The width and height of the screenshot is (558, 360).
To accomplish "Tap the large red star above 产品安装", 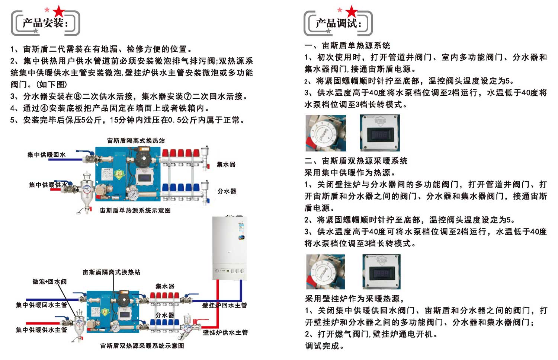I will pyautogui.click(x=59, y=12).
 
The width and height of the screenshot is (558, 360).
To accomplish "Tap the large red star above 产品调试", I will pyautogui.click(x=351, y=12).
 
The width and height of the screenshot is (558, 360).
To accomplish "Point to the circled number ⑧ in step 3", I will pyautogui.click(x=78, y=96).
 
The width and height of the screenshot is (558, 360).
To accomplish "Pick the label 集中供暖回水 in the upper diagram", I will pyautogui.click(x=46, y=154).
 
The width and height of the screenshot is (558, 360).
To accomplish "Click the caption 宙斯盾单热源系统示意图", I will pyautogui.click(x=135, y=211).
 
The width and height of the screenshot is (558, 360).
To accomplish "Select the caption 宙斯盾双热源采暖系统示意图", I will pyautogui.click(x=142, y=346).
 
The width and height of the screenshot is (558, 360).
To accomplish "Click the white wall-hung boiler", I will pyautogui.click(x=229, y=248).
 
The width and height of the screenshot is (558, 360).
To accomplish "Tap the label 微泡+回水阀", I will pyautogui.click(x=49, y=282).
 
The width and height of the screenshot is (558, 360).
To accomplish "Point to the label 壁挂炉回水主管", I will pyautogui.click(x=225, y=305).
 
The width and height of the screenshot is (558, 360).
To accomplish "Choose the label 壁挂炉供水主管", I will pyautogui.click(x=225, y=332).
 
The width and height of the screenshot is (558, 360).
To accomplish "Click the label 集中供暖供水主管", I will pyautogui.click(x=41, y=330).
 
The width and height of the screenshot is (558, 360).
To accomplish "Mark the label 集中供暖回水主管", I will pyautogui.click(x=41, y=305).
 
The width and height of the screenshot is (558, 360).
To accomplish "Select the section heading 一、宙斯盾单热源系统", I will pyautogui.click(x=347, y=45).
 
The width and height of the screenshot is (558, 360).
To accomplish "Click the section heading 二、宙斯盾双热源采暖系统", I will pyautogui.click(x=356, y=161).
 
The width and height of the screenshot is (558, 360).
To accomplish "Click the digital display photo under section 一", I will pyautogui.click(x=380, y=133).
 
